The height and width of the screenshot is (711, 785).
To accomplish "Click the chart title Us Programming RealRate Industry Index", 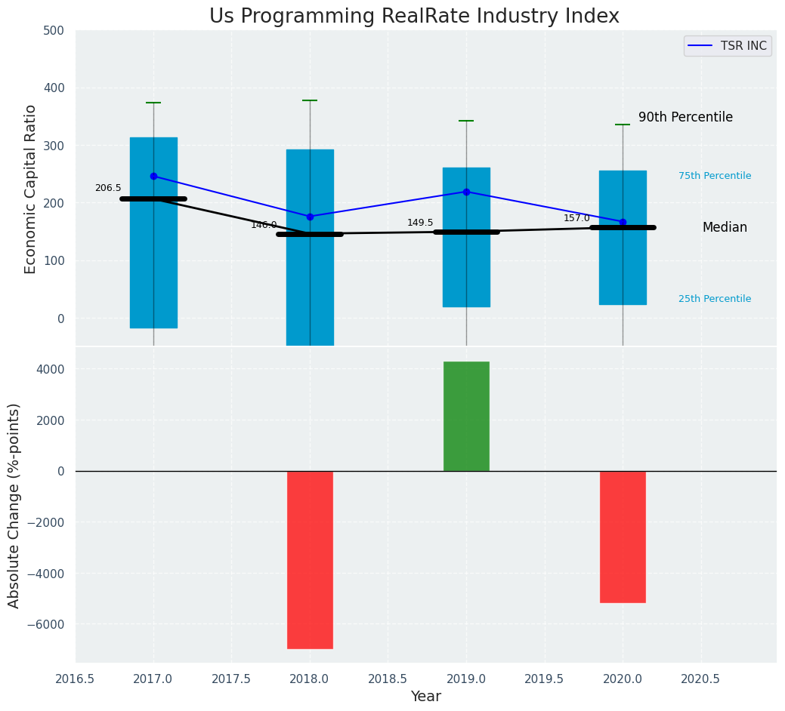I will tap(414, 17).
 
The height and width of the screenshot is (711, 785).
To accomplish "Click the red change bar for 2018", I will tap(310, 559).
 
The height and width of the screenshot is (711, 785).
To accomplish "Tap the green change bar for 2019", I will tap(466, 416).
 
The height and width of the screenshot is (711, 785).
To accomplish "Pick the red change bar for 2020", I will tap(623, 537).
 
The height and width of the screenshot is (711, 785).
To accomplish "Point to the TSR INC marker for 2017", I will tap(153, 176).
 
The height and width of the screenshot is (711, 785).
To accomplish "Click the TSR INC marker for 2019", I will tap(466, 192).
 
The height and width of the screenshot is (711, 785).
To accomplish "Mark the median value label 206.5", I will tap(108, 188).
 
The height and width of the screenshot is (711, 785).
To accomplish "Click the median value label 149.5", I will tap(420, 223).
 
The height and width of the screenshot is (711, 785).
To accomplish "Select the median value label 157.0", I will tap(576, 218).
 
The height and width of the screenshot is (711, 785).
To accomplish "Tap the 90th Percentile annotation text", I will tap(685, 118).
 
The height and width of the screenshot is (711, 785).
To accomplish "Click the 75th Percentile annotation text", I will tap(715, 176).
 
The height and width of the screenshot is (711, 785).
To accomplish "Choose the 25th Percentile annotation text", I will tap(715, 299).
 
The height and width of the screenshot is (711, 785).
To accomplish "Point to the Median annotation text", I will tap(725, 228).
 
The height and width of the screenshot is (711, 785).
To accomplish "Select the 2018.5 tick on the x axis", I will tap(388, 679).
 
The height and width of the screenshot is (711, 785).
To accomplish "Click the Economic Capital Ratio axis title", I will tap(31, 189).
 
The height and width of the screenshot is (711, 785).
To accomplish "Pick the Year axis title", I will tap(426, 697).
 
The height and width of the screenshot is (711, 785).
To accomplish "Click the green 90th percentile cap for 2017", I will tap(153, 103).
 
